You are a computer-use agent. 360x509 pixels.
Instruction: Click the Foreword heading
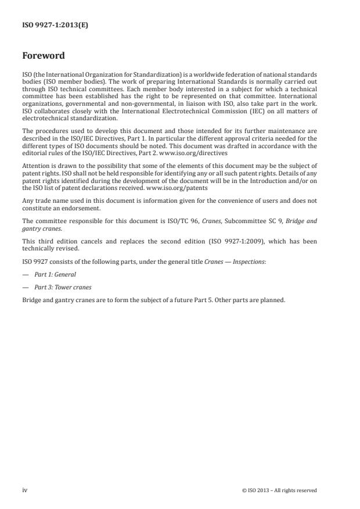pyautogui.click(x=44, y=56)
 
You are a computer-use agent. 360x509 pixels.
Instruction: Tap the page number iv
pyautogui.click(x=25, y=490)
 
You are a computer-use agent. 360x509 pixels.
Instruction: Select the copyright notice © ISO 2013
pyautogui.click(x=279, y=490)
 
